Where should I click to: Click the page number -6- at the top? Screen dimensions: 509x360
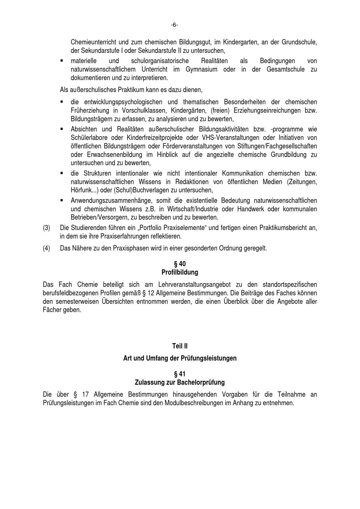pyautogui.click(x=174, y=25)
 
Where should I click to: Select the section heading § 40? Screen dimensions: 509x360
pyautogui.click(x=180, y=264)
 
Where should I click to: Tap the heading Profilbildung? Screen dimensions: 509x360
pyautogui.click(x=180, y=272)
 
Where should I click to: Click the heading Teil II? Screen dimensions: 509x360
pyautogui.click(x=180, y=346)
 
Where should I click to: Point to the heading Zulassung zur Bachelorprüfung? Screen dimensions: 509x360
pyautogui.click(x=180, y=382)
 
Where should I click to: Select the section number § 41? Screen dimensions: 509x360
pyautogui.click(x=180, y=374)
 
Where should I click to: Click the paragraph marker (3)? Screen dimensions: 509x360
pyautogui.click(x=46, y=228)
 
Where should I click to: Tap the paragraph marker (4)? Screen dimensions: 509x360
pyautogui.click(x=46, y=248)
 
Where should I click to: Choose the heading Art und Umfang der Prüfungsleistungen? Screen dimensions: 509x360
pyautogui.click(x=180, y=358)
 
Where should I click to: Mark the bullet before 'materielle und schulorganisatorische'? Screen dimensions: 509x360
pyautogui.click(x=62, y=61)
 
